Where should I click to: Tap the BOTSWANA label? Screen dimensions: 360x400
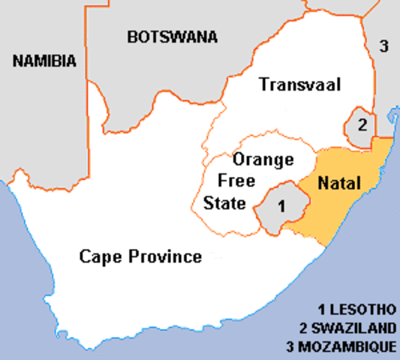[x=173, y=36]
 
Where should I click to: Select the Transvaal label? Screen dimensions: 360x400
[x=300, y=85]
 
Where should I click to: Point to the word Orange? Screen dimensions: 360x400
[x=258, y=159]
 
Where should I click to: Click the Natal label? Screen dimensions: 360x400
[x=339, y=183]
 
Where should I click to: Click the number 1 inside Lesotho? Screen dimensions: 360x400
[x=280, y=204]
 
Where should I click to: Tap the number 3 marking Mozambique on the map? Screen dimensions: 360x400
[x=383, y=46]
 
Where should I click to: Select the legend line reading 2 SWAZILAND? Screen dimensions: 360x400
[x=347, y=328]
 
